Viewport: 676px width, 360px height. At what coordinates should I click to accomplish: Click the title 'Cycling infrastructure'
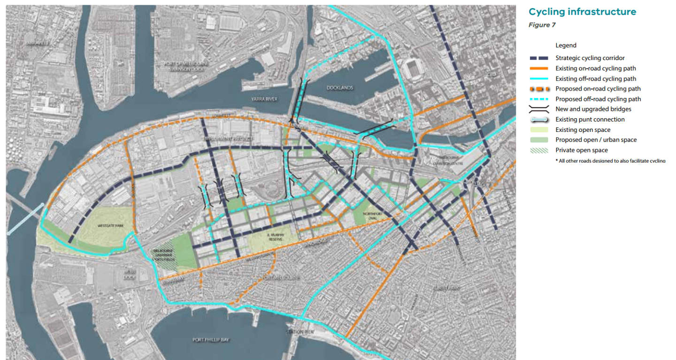582,12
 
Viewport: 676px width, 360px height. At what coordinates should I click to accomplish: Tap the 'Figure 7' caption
542,25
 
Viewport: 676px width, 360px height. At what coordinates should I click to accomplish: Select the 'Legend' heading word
566,46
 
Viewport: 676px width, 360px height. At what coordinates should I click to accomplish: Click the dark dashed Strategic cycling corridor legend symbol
538,58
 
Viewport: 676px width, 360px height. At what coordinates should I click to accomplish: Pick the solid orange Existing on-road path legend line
538,69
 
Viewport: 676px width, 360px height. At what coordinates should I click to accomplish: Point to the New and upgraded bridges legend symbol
538,109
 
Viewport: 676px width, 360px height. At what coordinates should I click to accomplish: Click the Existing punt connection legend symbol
538,120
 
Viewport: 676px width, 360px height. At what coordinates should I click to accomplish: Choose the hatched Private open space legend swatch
538,151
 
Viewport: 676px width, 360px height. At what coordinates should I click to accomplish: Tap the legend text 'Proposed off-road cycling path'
598,99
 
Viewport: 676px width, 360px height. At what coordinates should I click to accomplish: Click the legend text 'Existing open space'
583,130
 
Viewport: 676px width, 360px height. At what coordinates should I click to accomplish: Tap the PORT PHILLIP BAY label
211,339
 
